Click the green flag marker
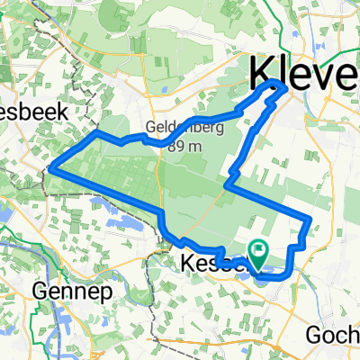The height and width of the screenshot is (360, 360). tap(258, 255)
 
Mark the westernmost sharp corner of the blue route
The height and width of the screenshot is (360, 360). tap(52, 167)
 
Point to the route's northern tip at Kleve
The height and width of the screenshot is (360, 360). tap(275, 83)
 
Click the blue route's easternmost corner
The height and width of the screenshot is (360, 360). tap(310, 219)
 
